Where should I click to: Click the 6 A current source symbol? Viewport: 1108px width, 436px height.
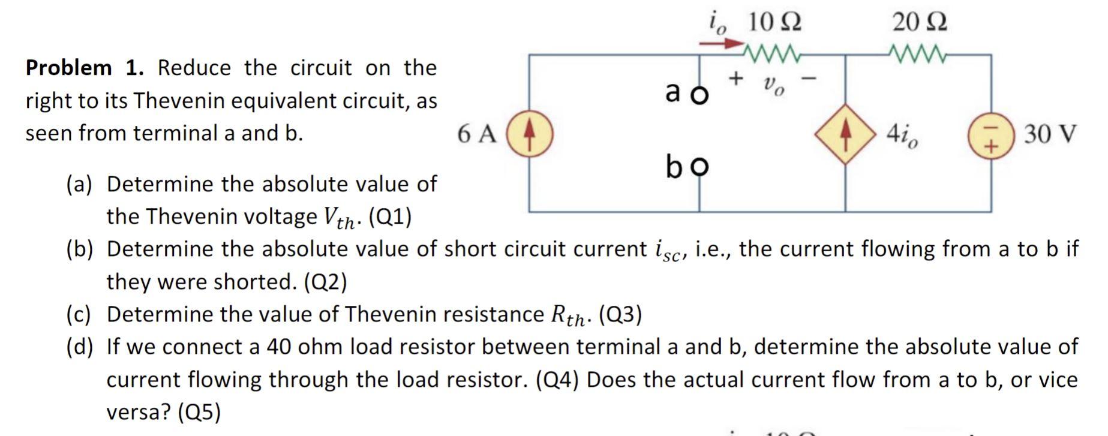530,133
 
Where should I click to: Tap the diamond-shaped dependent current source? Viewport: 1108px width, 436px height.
845,133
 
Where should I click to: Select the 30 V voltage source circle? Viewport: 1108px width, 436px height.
991,134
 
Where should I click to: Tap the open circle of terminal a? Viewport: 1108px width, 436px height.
699,95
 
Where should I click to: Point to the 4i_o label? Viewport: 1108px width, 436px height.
902,136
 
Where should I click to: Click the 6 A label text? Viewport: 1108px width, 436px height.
477,134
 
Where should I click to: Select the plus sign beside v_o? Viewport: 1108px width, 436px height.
736,78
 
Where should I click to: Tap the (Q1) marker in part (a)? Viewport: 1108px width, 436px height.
389,217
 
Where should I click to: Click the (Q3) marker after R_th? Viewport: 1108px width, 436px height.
620,314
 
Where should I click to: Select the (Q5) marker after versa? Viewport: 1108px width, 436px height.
199,412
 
